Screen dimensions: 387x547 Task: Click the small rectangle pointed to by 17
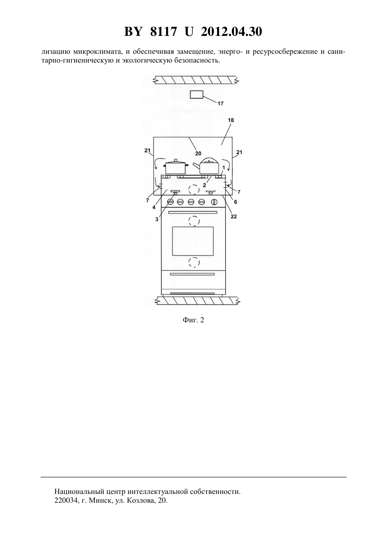[x=196, y=95]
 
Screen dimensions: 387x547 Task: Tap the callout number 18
[x=231, y=120]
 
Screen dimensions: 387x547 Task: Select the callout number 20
[x=198, y=153]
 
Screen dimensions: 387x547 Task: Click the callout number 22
[x=234, y=217]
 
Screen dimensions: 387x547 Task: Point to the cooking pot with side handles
[x=176, y=167]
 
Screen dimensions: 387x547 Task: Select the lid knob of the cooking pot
[x=176, y=160]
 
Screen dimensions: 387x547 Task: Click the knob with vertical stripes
[x=214, y=202]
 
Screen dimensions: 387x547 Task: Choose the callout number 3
[x=157, y=219]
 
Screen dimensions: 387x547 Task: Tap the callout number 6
[x=235, y=202]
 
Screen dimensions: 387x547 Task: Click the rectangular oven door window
[x=193, y=241]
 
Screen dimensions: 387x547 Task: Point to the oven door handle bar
[x=192, y=212]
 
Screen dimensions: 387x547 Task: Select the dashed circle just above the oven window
[x=194, y=221]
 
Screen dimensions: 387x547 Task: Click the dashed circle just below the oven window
[x=194, y=262]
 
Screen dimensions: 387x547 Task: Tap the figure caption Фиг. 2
[x=193, y=320]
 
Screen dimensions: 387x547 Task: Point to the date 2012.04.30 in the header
[x=231, y=32]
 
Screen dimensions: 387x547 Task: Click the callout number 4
[x=154, y=207]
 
